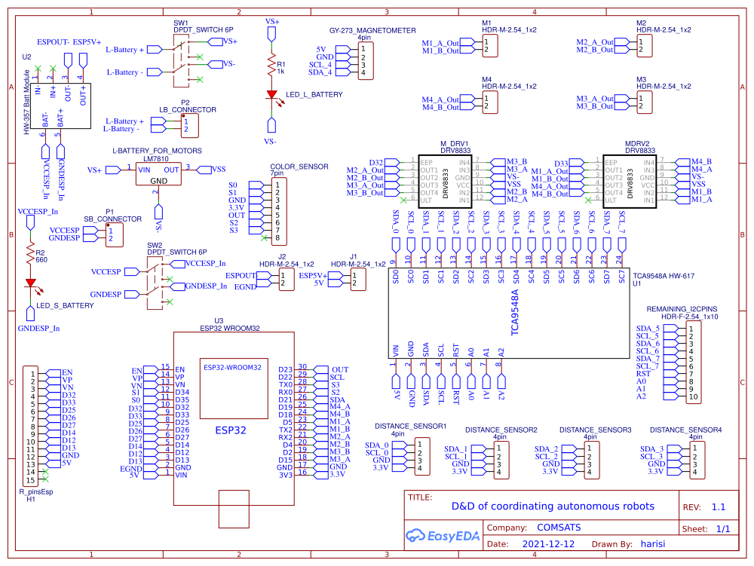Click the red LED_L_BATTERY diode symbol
pyautogui.click(x=271, y=95)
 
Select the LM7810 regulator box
pyautogui.click(x=159, y=175)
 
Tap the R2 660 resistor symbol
pyautogui.click(x=31, y=255)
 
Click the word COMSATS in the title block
pyautogui.click(x=559, y=528)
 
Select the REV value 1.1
pyautogui.click(x=719, y=507)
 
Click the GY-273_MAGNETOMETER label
pyautogui.click(x=372, y=31)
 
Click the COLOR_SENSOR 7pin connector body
pyautogui.click(x=278, y=211)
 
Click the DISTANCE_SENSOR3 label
pyautogui.click(x=595, y=429)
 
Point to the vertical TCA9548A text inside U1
pyautogui.click(x=516, y=312)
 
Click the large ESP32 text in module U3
pyautogui.click(x=234, y=432)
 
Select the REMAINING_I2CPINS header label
pyautogui.click(x=682, y=309)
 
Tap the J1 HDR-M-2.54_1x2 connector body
pyautogui.click(x=356, y=280)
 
